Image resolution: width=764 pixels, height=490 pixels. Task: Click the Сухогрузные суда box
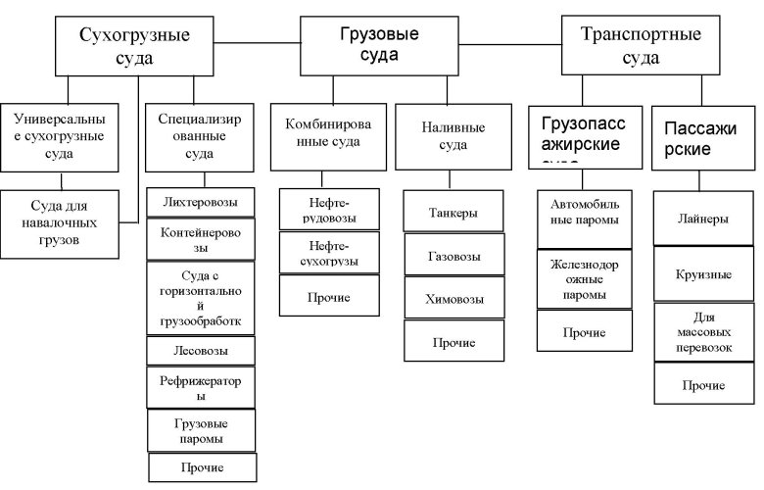point(134,45)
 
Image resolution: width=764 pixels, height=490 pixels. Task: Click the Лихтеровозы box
point(200,203)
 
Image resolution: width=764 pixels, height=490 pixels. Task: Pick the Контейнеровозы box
point(200,237)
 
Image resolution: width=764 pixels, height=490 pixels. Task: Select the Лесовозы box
point(200,351)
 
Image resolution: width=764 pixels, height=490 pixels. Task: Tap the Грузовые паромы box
point(200,429)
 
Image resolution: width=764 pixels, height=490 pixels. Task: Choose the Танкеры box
point(454,212)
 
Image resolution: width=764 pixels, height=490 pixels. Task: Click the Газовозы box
point(454,255)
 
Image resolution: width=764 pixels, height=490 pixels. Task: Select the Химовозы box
point(454,298)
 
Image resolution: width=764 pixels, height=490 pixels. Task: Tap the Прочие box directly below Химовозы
point(454,341)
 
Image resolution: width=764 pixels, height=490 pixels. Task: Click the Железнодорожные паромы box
point(585,279)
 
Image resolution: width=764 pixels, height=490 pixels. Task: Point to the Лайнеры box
point(702,220)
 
